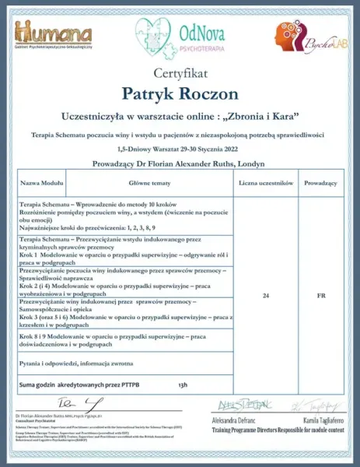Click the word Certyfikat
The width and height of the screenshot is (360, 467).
[180, 76]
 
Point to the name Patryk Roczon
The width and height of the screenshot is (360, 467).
[180, 94]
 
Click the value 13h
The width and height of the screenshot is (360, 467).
[183, 385]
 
